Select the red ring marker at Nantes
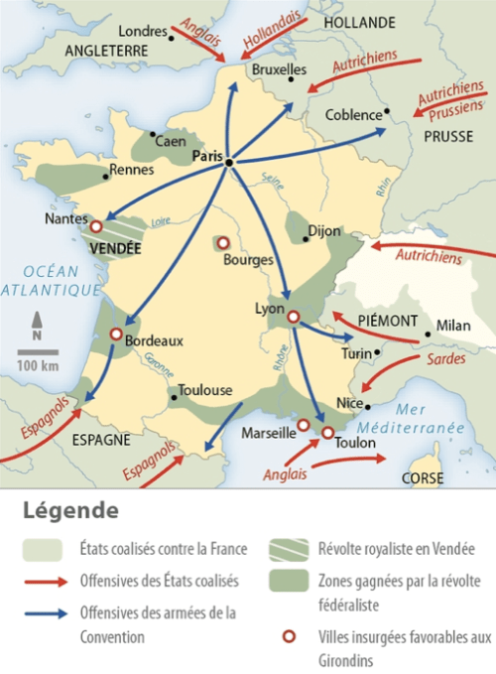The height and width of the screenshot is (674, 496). (x=96, y=227)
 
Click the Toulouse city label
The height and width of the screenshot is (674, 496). (x=205, y=390)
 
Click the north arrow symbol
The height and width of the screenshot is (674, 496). (x=37, y=325)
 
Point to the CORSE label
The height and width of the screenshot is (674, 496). (x=421, y=477)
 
